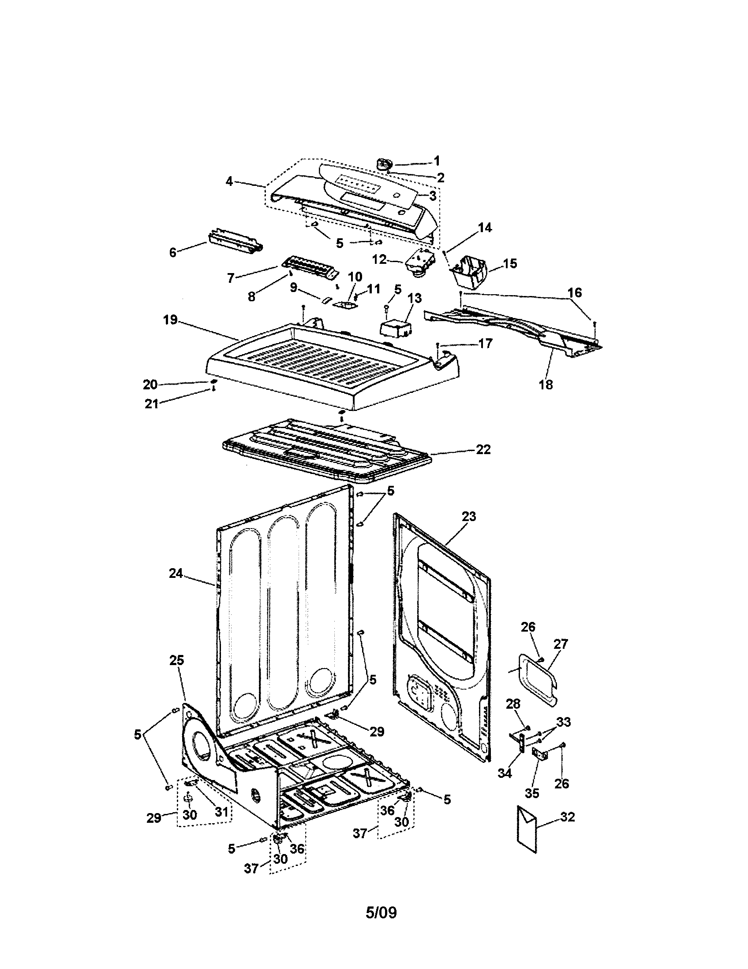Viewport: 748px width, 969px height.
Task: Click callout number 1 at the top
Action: coord(437,161)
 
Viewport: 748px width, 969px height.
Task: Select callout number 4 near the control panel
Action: coord(229,181)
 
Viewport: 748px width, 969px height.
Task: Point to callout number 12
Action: coord(379,259)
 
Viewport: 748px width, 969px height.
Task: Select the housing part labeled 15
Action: coord(471,271)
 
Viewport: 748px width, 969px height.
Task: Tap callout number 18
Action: coord(546,384)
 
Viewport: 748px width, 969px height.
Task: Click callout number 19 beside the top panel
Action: coord(170,319)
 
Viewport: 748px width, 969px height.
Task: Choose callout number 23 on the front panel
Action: coord(469,517)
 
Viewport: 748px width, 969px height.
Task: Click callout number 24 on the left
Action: coord(176,573)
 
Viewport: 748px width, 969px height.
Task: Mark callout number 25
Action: coord(176,660)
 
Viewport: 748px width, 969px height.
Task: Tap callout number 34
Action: coord(505,773)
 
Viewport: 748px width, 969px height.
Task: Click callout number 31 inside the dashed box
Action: coord(221,811)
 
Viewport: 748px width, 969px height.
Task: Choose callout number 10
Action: coord(355,277)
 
